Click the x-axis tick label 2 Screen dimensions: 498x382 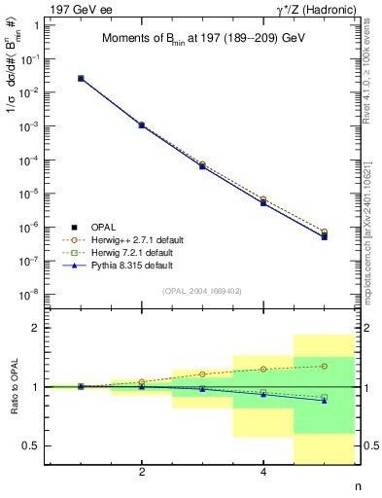pos(142,473)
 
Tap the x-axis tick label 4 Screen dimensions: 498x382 pos(263,473)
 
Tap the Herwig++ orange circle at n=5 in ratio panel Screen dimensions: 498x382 pos(324,366)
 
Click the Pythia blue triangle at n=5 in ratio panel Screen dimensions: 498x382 pos(324,401)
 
